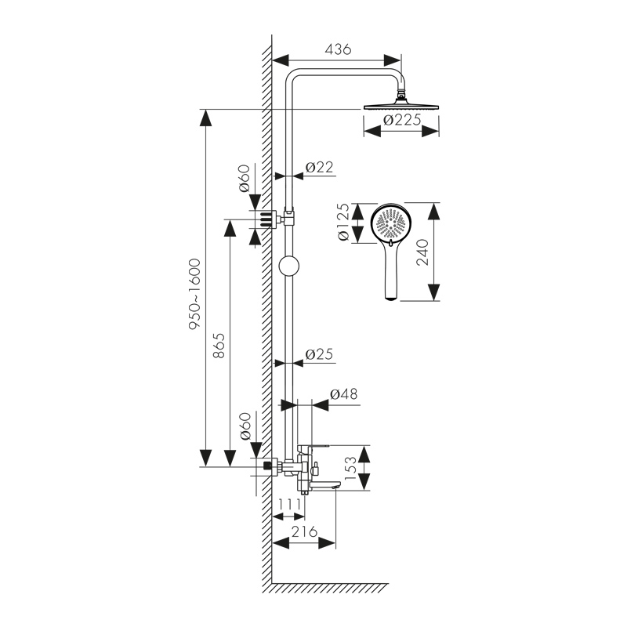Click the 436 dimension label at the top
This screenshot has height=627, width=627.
click(x=337, y=49)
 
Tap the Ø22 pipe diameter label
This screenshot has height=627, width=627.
click(x=319, y=166)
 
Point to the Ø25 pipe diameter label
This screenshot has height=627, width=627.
click(x=319, y=353)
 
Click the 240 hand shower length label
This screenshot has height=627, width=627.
click(x=423, y=252)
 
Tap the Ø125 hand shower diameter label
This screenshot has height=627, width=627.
click(x=342, y=223)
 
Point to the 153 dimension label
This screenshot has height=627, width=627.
click(x=351, y=469)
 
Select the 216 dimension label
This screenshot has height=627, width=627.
click(x=303, y=531)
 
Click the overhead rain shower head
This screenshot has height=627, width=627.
click(x=403, y=106)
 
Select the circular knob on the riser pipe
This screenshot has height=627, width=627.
click(x=289, y=266)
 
